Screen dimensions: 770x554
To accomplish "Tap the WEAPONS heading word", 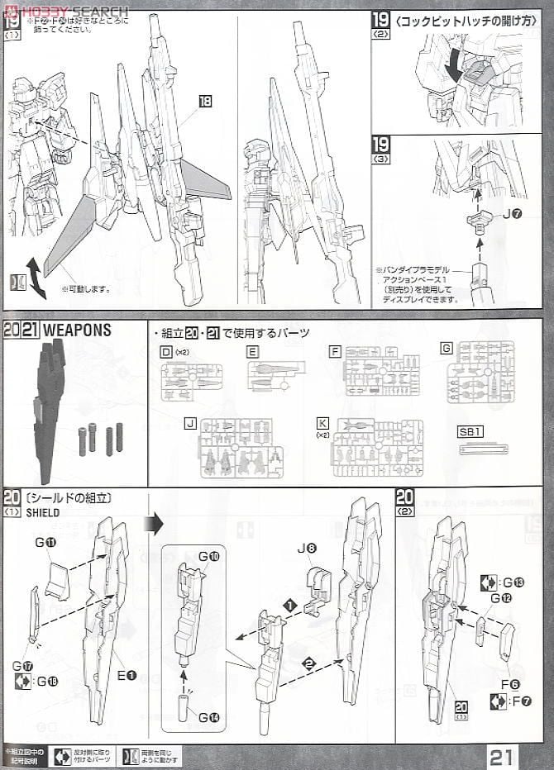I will (x=77, y=330).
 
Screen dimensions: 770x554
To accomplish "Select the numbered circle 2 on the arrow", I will (x=308, y=663).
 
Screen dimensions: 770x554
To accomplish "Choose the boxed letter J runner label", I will (x=191, y=423).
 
